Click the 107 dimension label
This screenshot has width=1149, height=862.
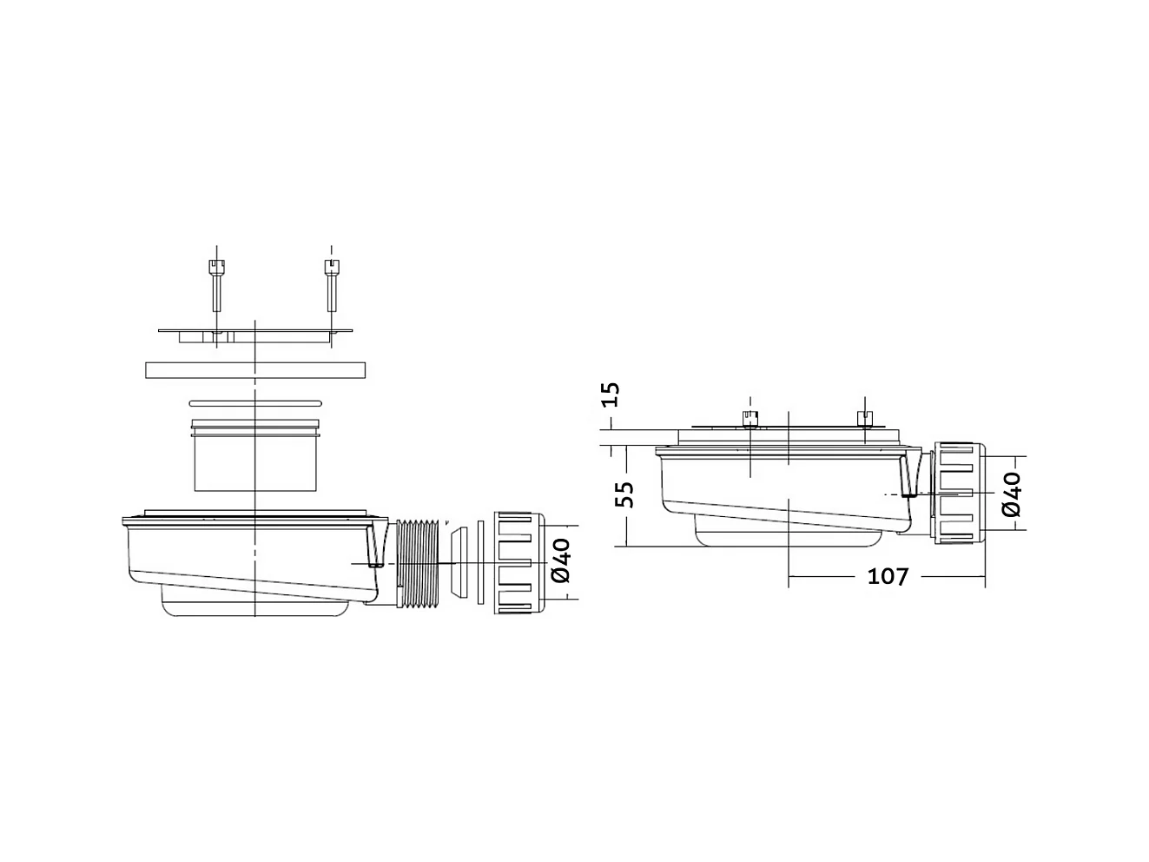[x=887, y=576]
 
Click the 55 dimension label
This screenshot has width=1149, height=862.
[x=624, y=494]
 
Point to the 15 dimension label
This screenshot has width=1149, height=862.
[x=611, y=395]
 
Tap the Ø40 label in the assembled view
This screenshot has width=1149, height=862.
[x=1010, y=494]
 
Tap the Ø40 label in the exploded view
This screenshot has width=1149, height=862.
[x=561, y=560]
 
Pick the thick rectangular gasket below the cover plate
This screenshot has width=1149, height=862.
[x=255, y=369]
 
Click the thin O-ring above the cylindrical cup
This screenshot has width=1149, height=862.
[x=255, y=402]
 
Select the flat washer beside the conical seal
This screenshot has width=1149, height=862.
[x=479, y=563]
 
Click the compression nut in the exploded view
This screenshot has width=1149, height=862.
[x=518, y=563]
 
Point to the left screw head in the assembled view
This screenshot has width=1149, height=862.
[x=749, y=419]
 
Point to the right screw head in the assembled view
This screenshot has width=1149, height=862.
[x=863, y=419]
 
